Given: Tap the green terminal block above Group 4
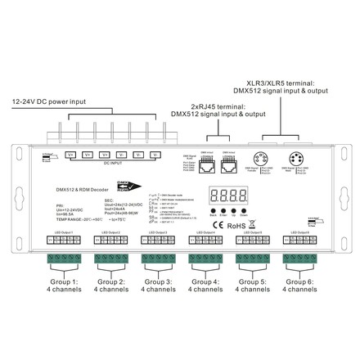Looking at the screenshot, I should click(204, 261).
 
